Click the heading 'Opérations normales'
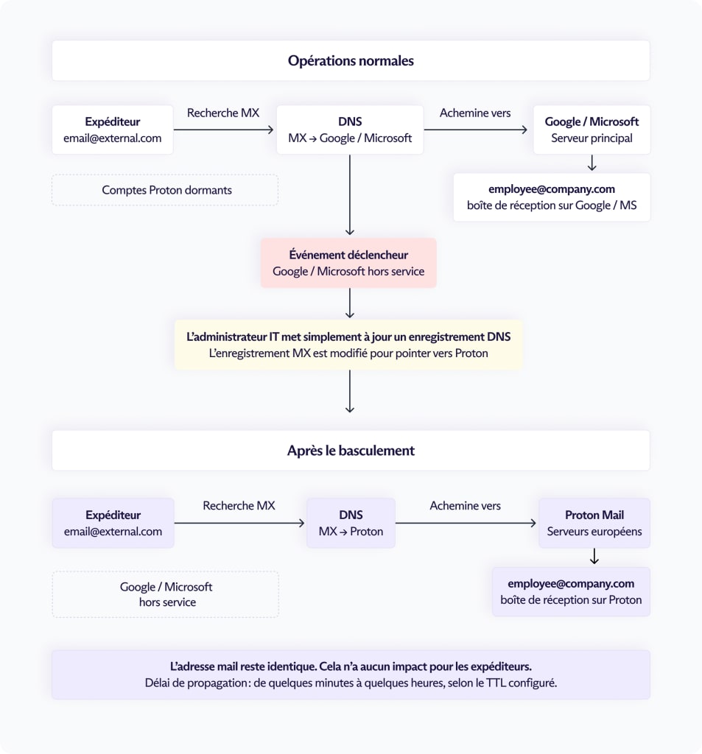pyautogui.click(x=351, y=60)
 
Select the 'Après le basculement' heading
pyautogui.click(x=351, y=451)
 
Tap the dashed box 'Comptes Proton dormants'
pyautogui.click(x=165, y=190)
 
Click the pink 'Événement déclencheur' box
pyautogui.click(x=348, y=263)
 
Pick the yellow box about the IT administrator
pyautogui.click(x=348, y=345)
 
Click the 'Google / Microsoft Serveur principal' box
pyautogui.click(x=592, y=130)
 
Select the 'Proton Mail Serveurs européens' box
pyautogui.click(x=594, y=524)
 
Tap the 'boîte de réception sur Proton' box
pyautogui.click(x=571, y=591)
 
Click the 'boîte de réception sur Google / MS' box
pyautogui.click(x=552, y=197)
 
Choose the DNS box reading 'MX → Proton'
pyautogui.click(x=351, y=524)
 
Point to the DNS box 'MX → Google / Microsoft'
pyautogui.click(x=350, y=130)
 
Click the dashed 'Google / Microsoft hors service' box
pyautogui.click(x=166, y=594)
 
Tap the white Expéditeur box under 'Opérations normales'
pyautogui.click(x=113, y=130)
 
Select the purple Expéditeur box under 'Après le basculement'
pyautogui.click(x=113, y=524)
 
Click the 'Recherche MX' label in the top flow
pyautogui.click(x=223, y=113)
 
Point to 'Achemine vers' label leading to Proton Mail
pyautogui.click(x=466, y=506)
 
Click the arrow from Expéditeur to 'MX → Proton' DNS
pyautogui.click(x=239, y=524)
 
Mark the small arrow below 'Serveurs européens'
pyautogui.click(x=594, y=557)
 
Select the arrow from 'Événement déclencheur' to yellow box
pyautogui.click(x=350, y=303)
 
